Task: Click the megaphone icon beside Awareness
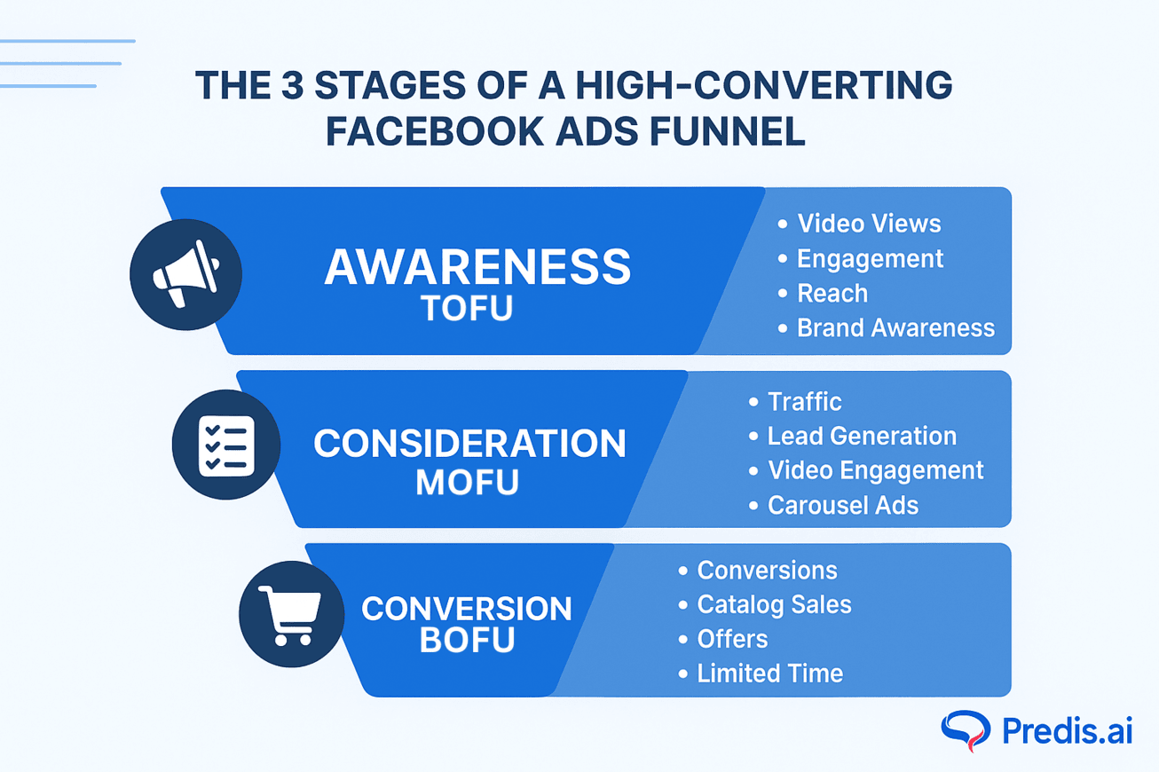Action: pos(185,274)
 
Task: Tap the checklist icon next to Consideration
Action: pos(225,445)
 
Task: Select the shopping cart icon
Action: pos(291,614)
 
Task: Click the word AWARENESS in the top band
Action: pos(477,267)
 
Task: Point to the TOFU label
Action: pos(467,309)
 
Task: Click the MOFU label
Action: pos(467,483)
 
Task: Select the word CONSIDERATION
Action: pos(469,444)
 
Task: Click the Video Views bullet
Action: pos(868,224)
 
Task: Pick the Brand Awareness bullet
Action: pos(895,328)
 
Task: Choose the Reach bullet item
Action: pos(832,294)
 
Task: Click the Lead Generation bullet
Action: pos(861,437)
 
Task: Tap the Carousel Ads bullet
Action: pos(842,506)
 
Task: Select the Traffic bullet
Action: pos(804,402)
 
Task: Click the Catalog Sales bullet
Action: pos(773,605)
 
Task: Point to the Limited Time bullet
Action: pos(769,674)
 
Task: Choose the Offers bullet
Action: pos(732,640)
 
